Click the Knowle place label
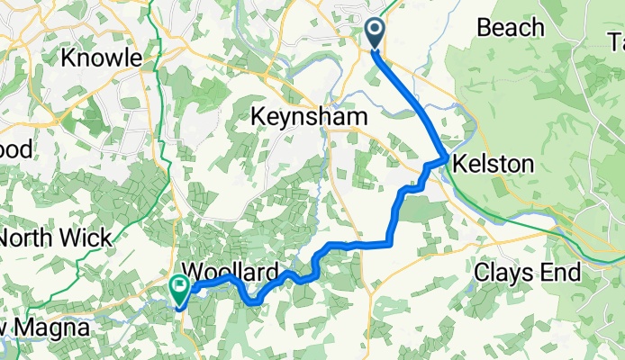pyautogui.click(x=101, y=58)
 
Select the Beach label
pyautogui.click(x=511, y=28)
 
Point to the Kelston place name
pyautogui.click(x=494, y=164)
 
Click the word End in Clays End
pyautogui.click(x=566, y=271)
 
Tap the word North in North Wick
pyautogui.click(x=32, y=238)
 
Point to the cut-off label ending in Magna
pyautogui.click(x=45, y=329)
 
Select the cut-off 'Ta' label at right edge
pyautogui.click(x=615, y=41)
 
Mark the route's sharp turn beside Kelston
pyautogui.click(x=447, y=159)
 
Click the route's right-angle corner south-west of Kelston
pyautogui.click(x=390, y=243)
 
